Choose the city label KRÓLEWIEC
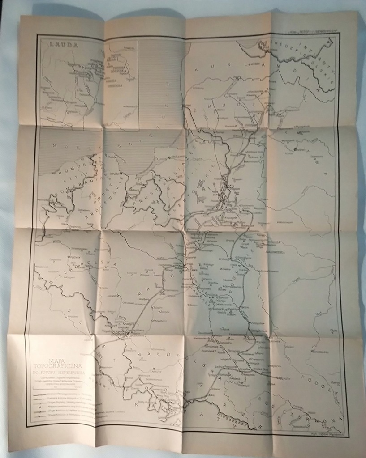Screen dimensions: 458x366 click(x=176, y=157)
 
